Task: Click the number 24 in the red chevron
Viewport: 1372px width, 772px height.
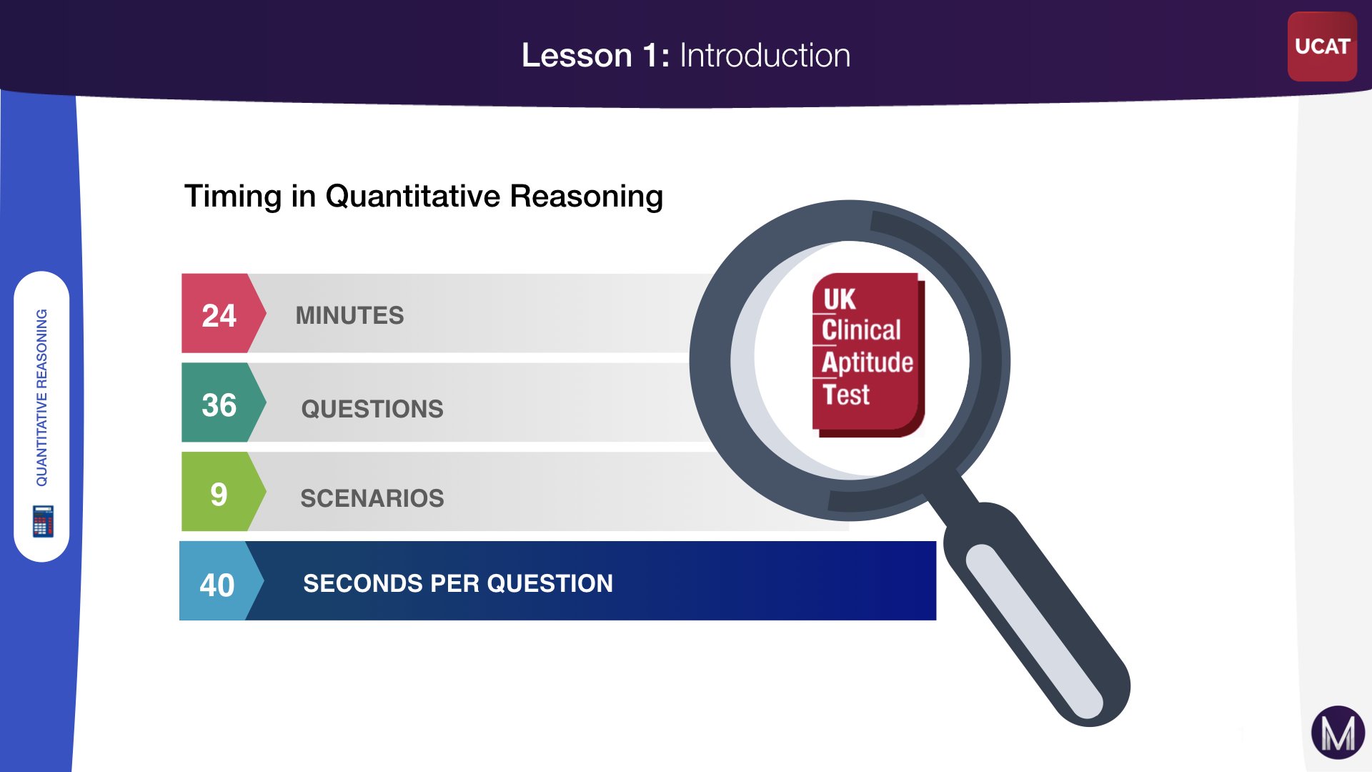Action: [x=219, y=315]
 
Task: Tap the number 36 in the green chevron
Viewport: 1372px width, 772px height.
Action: [x=219, y=405]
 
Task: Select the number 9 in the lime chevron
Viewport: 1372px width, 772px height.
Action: [x=219, y=495]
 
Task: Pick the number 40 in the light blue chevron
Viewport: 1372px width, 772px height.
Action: [x=217, y=585]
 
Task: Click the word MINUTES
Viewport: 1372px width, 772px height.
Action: [x=349, y=315]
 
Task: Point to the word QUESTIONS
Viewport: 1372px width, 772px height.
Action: [x=372, y=409]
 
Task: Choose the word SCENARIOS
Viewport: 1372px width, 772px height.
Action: [x=372, y=498]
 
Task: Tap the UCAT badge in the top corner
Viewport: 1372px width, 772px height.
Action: [x=1322, y=46]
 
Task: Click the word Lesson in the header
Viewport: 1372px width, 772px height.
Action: [x=577, y=55]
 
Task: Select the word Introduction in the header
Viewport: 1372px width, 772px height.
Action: [x=765, y=55]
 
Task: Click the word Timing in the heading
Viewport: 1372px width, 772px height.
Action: [x=233, y=197]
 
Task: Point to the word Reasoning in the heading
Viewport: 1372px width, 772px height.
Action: [x=586, y=197]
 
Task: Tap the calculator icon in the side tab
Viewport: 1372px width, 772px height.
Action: [x=43, y=520]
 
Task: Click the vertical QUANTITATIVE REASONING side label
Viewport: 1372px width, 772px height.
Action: [x=42, y=397]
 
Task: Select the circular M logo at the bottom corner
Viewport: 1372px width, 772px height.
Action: [x=1338, y=733]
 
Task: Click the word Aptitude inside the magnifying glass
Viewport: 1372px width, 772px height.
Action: [x=868, y=362]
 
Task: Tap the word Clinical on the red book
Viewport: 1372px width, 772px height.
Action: [x=861, y=330]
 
